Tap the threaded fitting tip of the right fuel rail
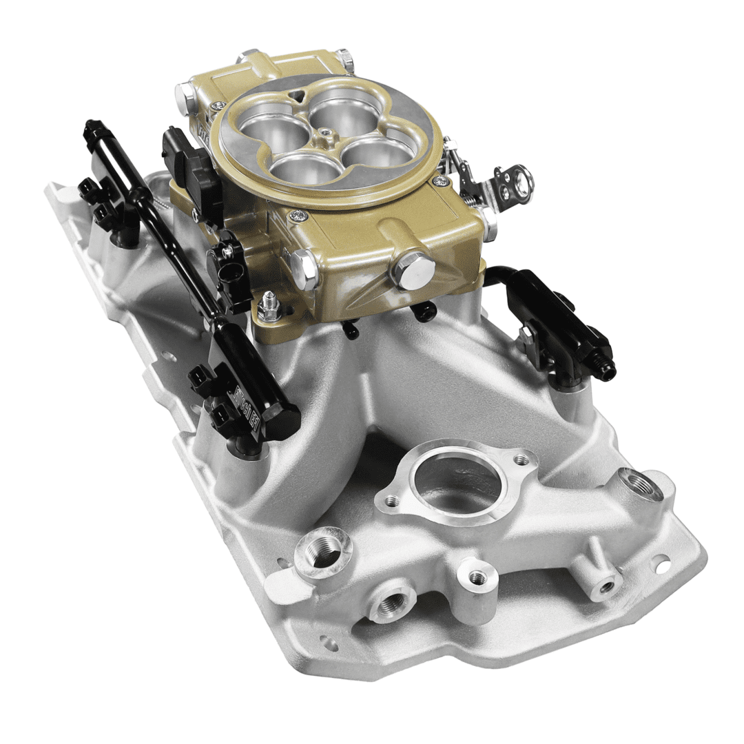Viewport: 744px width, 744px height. click(x=608, y=372)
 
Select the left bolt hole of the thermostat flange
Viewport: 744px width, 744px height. click(x=391, y=500)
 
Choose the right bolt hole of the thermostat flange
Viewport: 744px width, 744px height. click(x=521, y=459)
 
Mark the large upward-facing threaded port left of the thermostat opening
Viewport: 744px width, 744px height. click(x=323, y=552)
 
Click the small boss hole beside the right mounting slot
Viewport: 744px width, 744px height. click(x=606, y=586)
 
